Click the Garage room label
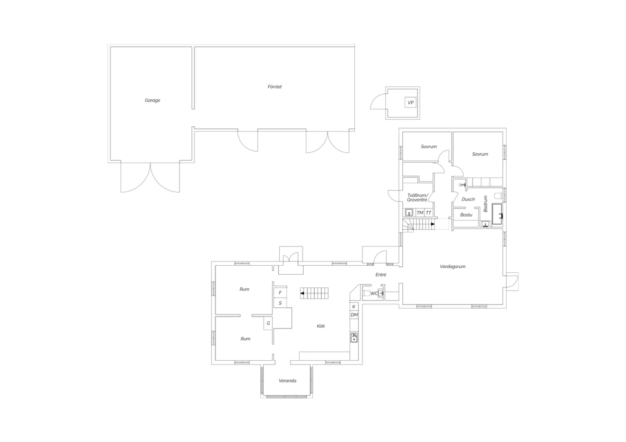point(152,100)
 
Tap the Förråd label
point(275,87)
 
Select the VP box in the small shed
point(410,103)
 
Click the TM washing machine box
point(420,213)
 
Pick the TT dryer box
point(429,213)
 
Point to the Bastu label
point(466,215)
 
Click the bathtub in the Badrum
point(497,214)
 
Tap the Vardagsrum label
point(453,266)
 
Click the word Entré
point(381,275)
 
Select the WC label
point(374,294)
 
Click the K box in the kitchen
point(354,306)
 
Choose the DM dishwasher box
point(354,315)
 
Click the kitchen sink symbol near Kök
point(354,337)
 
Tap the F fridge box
point(280,293)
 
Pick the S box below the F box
point(280,303)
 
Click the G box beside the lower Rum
point(268,323)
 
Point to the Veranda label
point(288,381)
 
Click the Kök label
point(321,326)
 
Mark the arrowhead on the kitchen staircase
point(302,293)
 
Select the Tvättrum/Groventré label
point(417,197)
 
